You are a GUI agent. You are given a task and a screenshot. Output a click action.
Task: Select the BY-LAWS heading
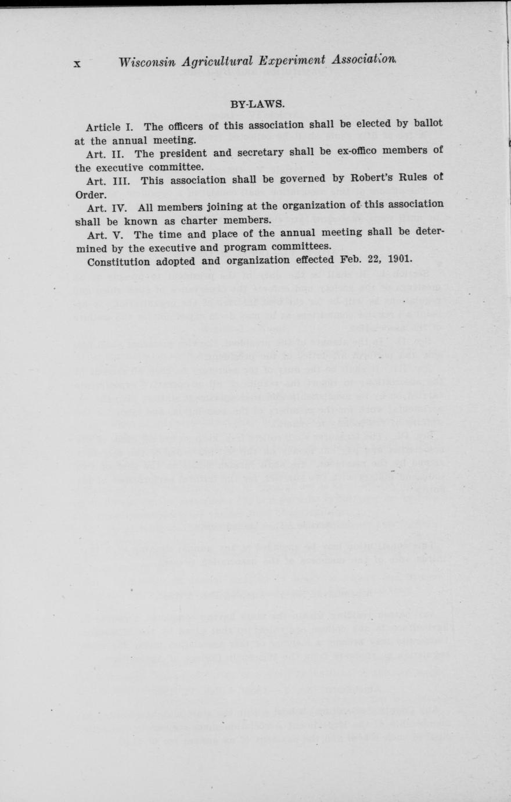257,105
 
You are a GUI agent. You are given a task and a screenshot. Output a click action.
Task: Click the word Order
90,194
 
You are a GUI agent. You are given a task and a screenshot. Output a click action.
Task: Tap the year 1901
396,257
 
